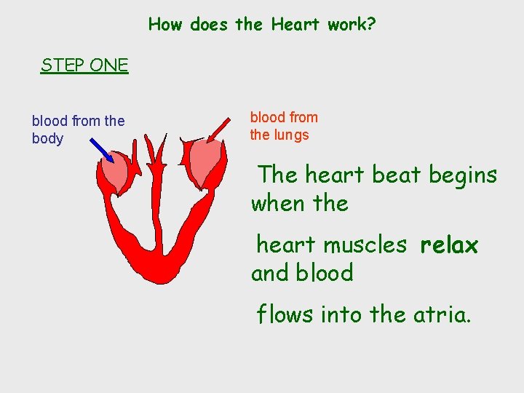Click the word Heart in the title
tap(295, 24)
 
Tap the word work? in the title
tap(352, 24)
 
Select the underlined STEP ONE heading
tap(84, 65)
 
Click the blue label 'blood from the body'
tap(78, 130)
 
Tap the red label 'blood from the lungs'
tap(284, 126)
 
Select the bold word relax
tap(449, 245)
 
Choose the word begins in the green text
tap(463, 176)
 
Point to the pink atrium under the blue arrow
tap(115, 172)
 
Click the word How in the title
tap(165, 24)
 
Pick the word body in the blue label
tap(47, 139)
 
